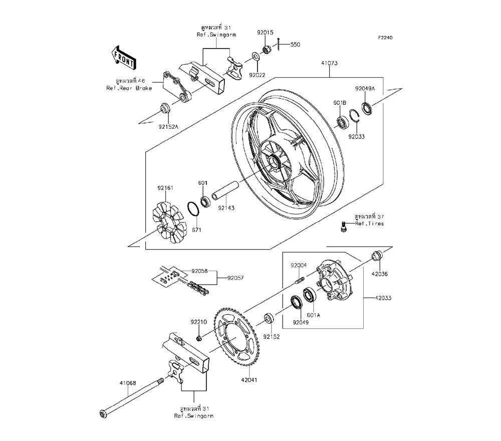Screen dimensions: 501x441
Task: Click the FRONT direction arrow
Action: pyautogui.click(x=124, y=58)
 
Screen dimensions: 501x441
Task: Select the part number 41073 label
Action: pyautogui.click(x=329, y=63)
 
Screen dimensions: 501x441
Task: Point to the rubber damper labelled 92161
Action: pyautogui.click(x=168, y=222)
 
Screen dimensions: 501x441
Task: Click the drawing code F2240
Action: pyautogui.click(x=385, y=38)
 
